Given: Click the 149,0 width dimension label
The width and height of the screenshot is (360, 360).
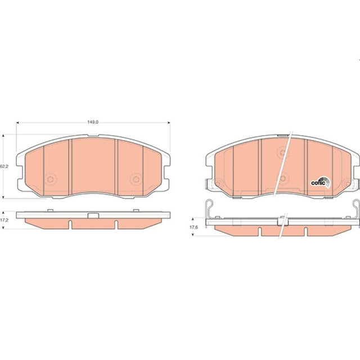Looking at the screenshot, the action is [93, 123].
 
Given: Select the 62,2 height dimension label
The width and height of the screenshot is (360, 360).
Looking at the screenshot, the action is [4, 166].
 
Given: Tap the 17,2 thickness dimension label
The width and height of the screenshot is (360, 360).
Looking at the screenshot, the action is [4, 220].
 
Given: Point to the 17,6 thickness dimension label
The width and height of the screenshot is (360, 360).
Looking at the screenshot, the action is [193, 227].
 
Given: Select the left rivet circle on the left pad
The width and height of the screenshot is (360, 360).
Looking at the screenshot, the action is [50, 179].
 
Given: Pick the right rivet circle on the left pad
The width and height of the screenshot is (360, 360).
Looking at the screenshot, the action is [136, 179].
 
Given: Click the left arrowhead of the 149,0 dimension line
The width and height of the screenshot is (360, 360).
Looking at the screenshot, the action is [17, 123].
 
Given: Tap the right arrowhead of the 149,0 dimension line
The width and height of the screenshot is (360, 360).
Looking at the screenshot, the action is [169, 123].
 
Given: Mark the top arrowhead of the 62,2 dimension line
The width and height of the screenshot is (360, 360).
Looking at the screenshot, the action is [3, 136].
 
